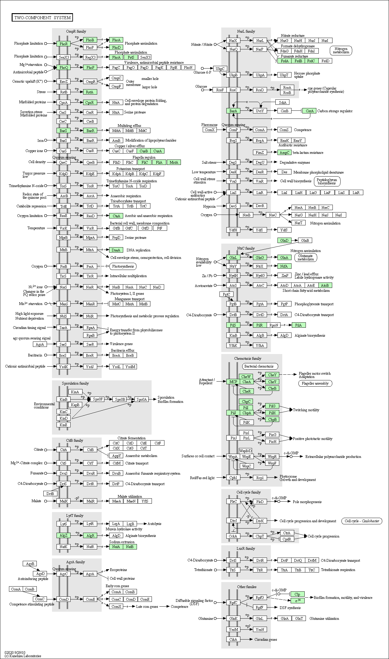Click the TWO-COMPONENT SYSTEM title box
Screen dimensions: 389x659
click(x=42, y=18)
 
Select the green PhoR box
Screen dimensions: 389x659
click(x=64, y=44)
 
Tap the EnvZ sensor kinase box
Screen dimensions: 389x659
click(x=64, y=81)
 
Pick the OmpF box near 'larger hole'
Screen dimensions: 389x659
click(x=116, y=86)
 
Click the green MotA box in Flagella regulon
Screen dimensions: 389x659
click(x=174, y=162)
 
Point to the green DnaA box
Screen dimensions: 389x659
click(x=116, y=250)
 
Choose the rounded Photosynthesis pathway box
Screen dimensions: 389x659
click(x=123, y=266)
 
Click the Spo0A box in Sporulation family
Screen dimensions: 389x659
click(x=142, y=399)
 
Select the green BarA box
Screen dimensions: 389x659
click(x=233, y=111)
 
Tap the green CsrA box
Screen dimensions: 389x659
click(x=309, y=111)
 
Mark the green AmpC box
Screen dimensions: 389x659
click(x=284, y=152)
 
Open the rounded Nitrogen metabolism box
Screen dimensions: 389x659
click(x=341, y=51)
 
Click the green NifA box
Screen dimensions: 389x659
click(x=284, y=266)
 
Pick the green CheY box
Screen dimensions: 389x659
click(x=272, y=375)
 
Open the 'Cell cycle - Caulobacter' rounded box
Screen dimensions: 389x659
click(x=362, y=521)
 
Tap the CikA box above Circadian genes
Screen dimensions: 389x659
click(x=233, y=639)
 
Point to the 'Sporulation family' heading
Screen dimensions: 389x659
click(x=75, y=383)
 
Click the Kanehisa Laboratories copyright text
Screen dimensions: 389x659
click(x=23, y=656)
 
